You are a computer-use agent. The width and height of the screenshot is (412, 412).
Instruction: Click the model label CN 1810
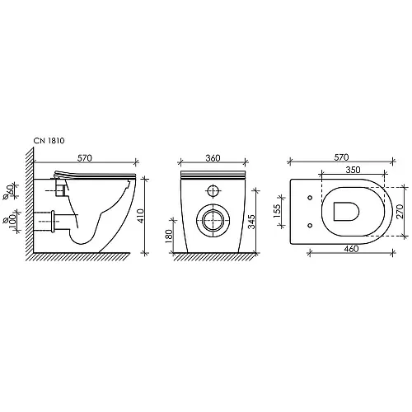pos(49,141)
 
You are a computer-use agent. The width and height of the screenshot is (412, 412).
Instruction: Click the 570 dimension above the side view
pos(85,158)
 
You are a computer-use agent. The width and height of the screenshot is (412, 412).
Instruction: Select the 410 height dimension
pos(140,216)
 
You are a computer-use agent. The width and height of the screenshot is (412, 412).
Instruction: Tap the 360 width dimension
pos(213,158)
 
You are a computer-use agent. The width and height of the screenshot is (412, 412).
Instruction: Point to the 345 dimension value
pos(251,222)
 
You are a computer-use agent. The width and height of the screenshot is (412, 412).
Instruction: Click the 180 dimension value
pos(169,236)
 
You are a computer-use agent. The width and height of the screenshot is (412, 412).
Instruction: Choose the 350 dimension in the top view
pos(353,170)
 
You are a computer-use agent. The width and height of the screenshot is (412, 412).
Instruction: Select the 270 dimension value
pos(400,211)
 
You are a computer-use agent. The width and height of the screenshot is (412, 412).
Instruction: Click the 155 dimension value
pos(277,211)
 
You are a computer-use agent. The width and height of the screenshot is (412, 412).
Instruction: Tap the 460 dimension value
pos(351,249)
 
